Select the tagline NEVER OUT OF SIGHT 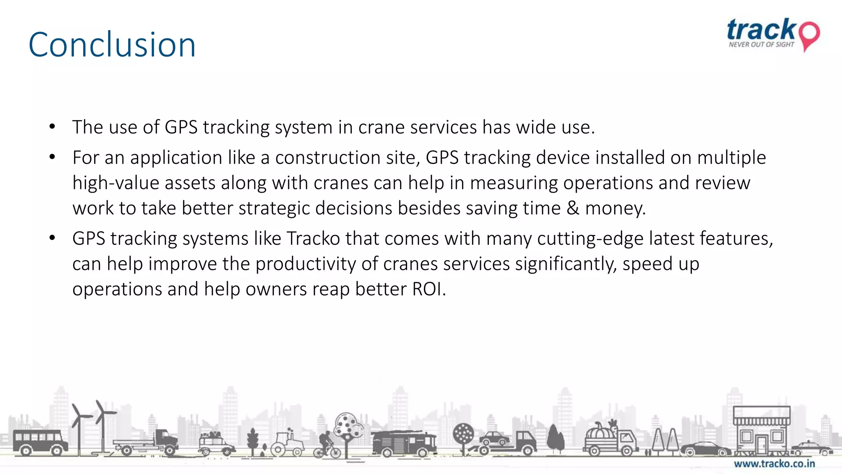tap(761, 44)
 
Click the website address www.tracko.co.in tap(774, 464)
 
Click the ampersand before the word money tap(573, 208)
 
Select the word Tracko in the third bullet tap(313, 239)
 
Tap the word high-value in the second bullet tap(116, 183)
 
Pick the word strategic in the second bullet tap(274, 208)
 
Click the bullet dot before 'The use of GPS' tap(52, 127)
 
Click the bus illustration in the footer tap(39, 442)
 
